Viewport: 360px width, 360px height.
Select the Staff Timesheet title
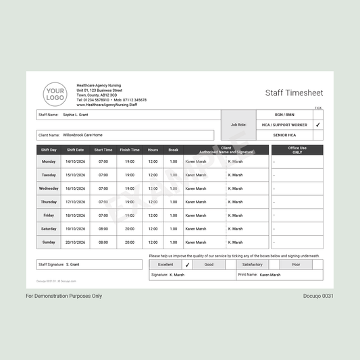(x=294, y=93)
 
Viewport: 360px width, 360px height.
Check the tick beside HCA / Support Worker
(x=318, y=125)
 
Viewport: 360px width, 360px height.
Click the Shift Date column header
(x=75, y=150)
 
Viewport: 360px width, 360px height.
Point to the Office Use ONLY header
(x=297, y=150)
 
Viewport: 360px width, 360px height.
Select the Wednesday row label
(x=49, y=188)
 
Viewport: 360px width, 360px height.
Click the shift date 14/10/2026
(x=75, y=161)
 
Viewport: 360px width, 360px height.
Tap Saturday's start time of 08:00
(x=103, y=229)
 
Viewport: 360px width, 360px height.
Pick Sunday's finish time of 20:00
(x=130, y=242)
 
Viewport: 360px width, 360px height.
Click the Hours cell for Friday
(x=153, y=215)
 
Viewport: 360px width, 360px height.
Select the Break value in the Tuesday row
(x=174, y=175)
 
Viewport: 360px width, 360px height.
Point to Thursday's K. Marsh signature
(x=235, y=202)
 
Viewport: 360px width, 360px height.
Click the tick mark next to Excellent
(x=187, y=265)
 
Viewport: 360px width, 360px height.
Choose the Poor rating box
(x=297, y=265)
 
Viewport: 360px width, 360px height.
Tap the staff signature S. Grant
(x=73, y=265)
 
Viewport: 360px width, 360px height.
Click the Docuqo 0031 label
(x=319, y=296)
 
